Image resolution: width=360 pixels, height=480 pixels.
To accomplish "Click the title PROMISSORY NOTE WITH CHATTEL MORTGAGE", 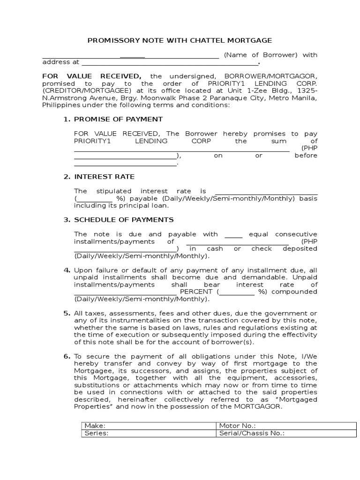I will point(180,41).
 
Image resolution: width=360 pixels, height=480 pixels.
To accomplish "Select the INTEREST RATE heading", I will point(104,177).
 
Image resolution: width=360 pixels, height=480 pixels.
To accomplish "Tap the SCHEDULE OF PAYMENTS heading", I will point(124,219).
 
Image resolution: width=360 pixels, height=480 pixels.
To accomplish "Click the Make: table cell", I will point(148,426).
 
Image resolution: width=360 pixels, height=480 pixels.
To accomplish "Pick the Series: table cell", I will point(148,434).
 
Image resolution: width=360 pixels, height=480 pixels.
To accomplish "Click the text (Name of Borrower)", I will point(261,55).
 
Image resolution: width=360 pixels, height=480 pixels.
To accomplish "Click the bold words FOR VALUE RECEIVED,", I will point(92,76).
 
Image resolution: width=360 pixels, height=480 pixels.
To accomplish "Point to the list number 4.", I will point(67,270).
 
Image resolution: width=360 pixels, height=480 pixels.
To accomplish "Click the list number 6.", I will point(67,357).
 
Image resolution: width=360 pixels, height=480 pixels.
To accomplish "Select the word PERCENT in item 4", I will point(197,292).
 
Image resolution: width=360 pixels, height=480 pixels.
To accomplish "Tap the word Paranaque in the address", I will point(237,97).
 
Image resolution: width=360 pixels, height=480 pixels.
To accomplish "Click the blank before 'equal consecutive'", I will point(233,234).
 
